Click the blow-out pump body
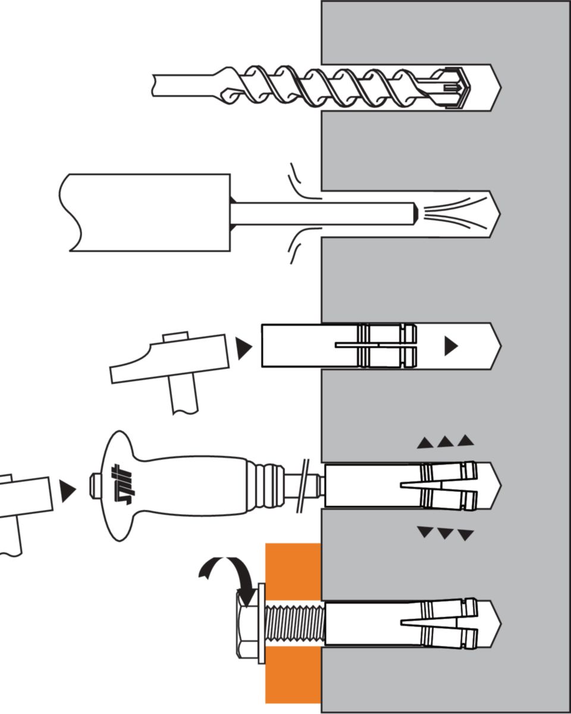click(x=149, y=212)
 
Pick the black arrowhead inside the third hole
click(x=451, y=346)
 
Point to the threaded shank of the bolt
click(x=294, y=623)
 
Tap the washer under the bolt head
click(x=261, y=623)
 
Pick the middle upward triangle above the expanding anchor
click(x=445, y=442)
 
